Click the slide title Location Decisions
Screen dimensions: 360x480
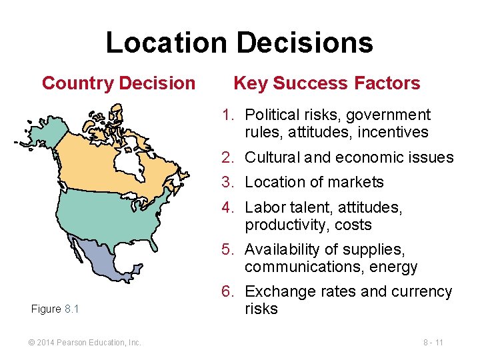(239, 43)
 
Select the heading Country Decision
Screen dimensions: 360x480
(119, 83)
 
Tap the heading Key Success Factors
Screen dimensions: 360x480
(327, 83)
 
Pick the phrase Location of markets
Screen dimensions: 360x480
(314, 182)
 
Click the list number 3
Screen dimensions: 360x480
(227, 182)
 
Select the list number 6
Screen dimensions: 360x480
(227, 292)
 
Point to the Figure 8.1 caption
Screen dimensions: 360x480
(55, 309)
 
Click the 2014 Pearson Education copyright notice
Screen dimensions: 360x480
(85, 343)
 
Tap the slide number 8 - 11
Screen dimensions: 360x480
(433, 343)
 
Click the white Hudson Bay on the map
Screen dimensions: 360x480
(125, 161)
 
